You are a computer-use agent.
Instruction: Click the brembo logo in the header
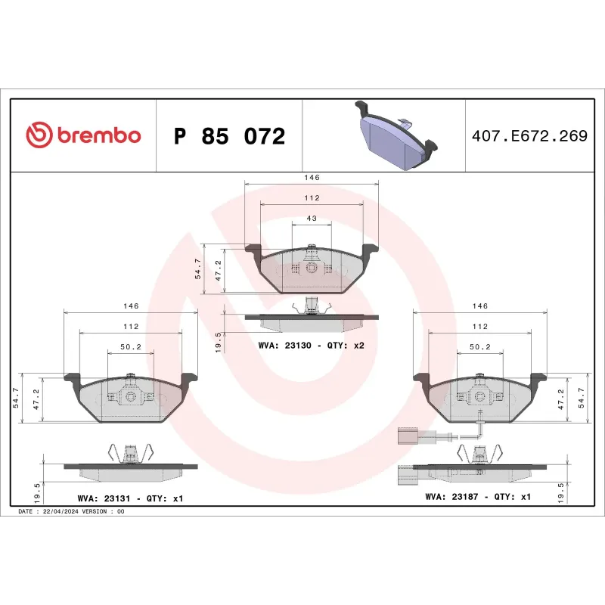83,135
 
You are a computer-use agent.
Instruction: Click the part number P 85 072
229,136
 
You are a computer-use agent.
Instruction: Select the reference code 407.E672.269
529,136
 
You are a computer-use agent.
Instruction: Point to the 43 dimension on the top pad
312,219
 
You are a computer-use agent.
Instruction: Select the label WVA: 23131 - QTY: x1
130,498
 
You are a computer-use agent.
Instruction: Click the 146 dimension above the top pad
312,177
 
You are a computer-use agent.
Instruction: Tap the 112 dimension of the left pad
130,327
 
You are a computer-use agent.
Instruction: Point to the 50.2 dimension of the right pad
479,347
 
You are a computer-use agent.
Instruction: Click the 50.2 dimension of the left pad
130,347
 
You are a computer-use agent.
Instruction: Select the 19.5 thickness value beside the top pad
219,341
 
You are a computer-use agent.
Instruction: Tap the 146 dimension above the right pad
479,306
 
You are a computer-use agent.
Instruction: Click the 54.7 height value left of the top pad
198,270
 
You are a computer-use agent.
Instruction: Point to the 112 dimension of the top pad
312,198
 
